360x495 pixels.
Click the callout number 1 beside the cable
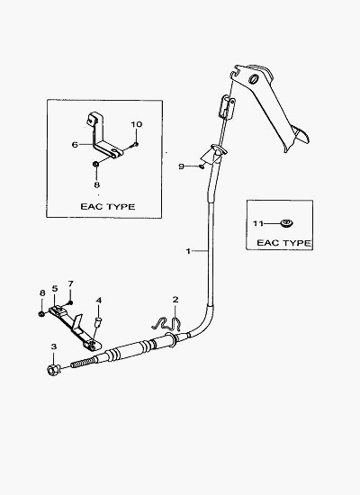point(188,251)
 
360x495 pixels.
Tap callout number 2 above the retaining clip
point(175,300)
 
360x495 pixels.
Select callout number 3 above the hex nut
point(54,346)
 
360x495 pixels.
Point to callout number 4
point(99,301)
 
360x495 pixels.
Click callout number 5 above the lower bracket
point(55,289)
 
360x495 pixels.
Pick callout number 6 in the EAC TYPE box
point(75,145)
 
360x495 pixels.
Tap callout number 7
point(70,283)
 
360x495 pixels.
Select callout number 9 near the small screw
point(181,166)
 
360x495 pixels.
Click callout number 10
point(137,124)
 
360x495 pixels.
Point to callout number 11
point(258,223)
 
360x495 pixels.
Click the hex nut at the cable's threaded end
point(52,369)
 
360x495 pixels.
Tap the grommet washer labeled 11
point(286,223)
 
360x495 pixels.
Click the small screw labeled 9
point(202,166)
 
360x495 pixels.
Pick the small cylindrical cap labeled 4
point(99,322)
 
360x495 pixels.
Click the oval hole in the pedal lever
point(253,78)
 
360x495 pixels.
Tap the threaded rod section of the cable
point(84,362)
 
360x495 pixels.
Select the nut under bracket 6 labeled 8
point(95,164)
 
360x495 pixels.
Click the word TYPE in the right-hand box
point(297,243)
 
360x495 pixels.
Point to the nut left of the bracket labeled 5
point(41,313)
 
